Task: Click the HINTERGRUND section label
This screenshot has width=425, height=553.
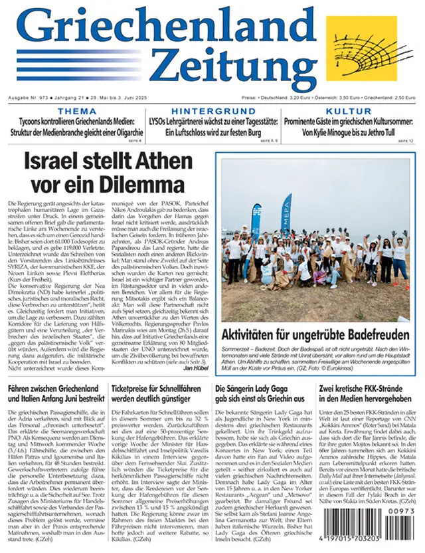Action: pos(212,110)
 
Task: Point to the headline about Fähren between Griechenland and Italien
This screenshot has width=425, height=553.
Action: pos(54,393)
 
